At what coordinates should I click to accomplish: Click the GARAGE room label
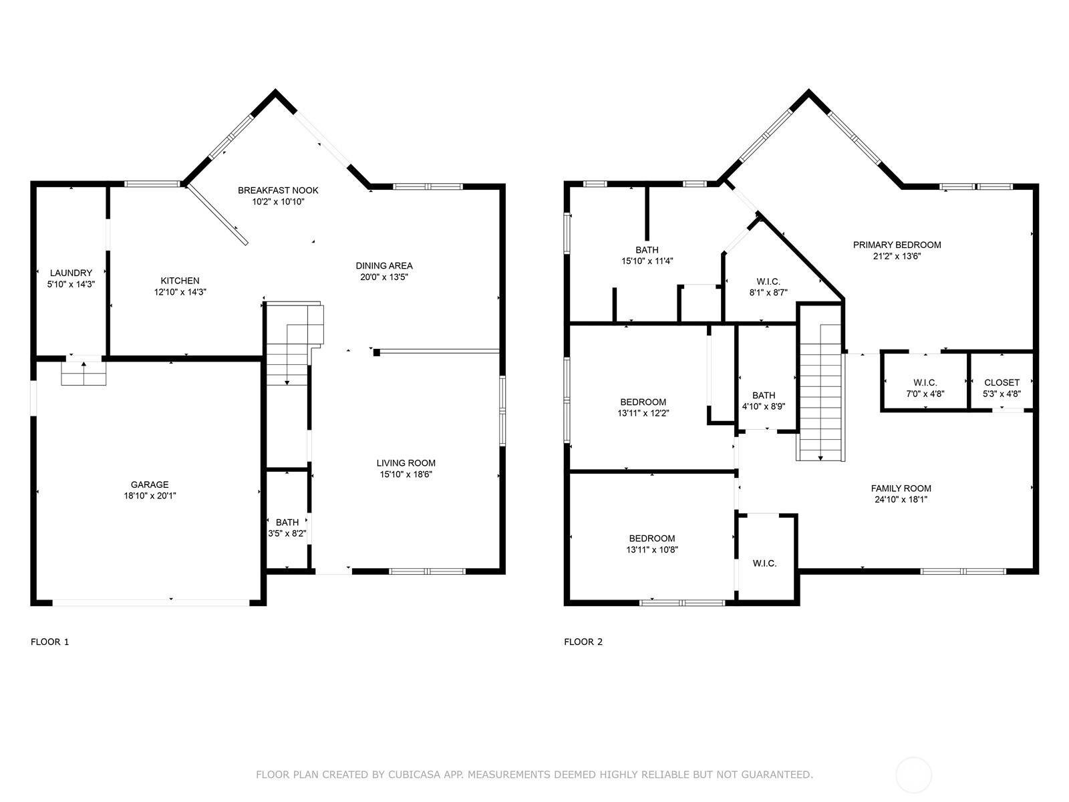pyautogui.click(x=150, y=485)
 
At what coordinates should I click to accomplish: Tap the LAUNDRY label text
pyautogui.click(x=71, y=273)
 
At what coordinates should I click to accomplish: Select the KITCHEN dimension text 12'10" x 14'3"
pyautogui.click(x=180, y=292)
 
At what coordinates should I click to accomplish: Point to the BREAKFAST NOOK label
pyautogui.click(x=278, y=190)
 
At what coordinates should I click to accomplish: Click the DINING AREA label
pyautogui.click(x=384, y=266)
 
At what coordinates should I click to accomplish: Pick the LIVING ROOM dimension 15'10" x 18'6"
pyautogui.click(x=406, y=475)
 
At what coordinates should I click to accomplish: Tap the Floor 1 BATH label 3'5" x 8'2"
pyautogui.click(x=287, y=528)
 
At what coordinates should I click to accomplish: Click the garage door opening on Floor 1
pyautogui.click(x=151, y=603)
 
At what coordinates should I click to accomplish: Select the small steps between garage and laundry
pyautogui.click(x=84, y=374)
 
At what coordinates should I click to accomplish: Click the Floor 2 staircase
pyautogui.click(x=820, y=392)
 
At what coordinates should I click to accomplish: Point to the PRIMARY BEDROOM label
pyautogui.click(x=897, y=245)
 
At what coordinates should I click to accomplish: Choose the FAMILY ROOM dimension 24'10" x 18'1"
pyautogui.click(x=901, y=499)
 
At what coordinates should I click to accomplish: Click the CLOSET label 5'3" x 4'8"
pyautogui.click(x=1002, y=388)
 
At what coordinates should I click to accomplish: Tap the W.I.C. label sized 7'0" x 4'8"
pyautogui.click(x=925, y=388)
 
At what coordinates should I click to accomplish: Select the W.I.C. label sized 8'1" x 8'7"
pyautogui.click(x=768, y=287)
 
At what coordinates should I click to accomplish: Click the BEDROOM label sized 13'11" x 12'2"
pyautogui.click(x=643, y=408)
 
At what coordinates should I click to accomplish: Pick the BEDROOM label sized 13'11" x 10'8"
pyautogui.click(x=652, y=544)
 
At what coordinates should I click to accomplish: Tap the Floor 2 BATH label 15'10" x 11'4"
pyautogui.click(x=647, y=255)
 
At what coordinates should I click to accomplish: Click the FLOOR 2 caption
pyautogui.click(x=583, y=642)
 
